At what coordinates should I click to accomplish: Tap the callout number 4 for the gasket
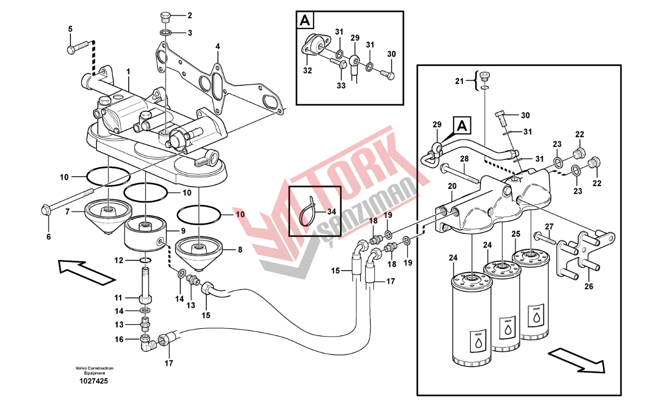click(218, 46)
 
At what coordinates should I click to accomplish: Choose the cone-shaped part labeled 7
click(107, 214)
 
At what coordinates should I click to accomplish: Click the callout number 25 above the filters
click(516, 234)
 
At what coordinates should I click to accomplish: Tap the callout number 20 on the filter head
click(453, 187)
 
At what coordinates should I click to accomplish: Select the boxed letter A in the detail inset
click(305, 20)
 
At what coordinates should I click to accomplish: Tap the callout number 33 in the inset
click(341, 85)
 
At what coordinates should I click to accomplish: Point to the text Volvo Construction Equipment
click(94, 370)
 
